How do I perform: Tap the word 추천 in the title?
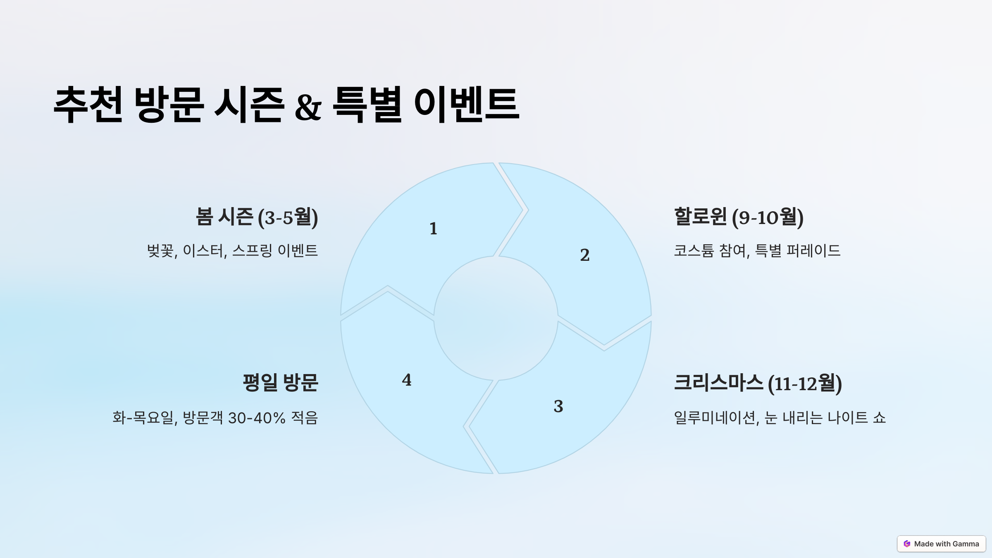(88, 104)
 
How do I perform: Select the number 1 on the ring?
(433, 229)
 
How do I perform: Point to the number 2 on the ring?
(584, 255)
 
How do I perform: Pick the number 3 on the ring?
(558, 406)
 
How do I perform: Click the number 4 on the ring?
(407, 380)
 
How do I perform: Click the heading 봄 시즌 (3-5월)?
(257, 217)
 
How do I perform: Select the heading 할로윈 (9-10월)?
(739, 217)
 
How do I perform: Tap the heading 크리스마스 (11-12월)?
(758, 383)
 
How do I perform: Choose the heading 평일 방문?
(280, 382)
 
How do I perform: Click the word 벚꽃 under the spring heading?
(160, 250)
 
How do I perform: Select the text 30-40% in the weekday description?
(256, 418)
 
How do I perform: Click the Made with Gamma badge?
(941, 544)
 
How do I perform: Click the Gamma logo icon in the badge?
(907, 544)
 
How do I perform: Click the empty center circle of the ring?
(496, 318)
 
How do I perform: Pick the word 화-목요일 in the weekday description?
(143, 418)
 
